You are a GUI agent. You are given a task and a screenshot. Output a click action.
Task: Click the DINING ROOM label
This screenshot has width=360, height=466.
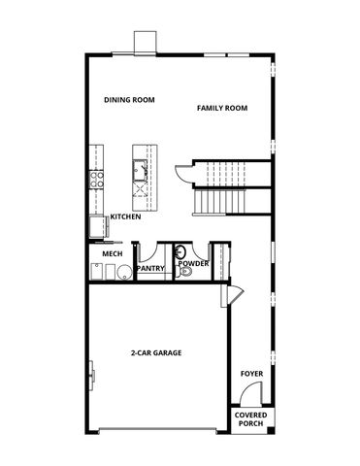click(129, 99)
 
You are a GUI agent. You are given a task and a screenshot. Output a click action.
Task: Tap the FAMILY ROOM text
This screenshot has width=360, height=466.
click(222, 107)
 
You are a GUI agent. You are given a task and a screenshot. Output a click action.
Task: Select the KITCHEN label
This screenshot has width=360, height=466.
click(126, 216)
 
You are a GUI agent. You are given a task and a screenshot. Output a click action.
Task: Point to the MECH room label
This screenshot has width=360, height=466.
click(111, 253)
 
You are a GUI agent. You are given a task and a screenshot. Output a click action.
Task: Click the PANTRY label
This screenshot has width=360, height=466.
click(149, 267)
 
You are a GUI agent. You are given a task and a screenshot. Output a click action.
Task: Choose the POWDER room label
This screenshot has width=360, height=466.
click(192, 263)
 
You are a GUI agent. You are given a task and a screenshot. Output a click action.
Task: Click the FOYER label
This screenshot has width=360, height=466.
click(251, 373)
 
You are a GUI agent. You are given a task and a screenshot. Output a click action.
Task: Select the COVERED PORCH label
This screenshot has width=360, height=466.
click(251, 418)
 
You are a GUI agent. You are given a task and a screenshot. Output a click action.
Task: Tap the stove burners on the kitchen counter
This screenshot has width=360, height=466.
click(95, 178)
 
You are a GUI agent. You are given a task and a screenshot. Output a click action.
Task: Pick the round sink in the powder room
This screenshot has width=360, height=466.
click(180, 251)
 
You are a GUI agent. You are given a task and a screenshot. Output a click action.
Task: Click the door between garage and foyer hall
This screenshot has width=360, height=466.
click(232, 294)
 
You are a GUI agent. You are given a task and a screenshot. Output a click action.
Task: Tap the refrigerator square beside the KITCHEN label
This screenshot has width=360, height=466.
click(98, 228)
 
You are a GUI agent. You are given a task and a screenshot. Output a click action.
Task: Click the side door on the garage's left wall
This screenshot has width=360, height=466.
click(92, 374)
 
